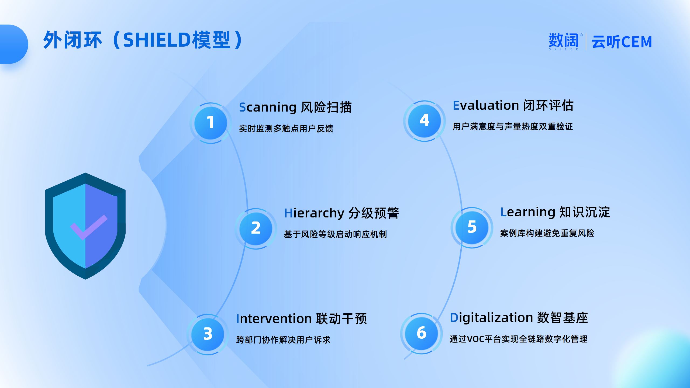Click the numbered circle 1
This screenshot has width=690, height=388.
click(211, 123)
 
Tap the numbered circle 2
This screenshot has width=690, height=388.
click(256, 228)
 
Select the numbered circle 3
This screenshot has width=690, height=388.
click(208, 334)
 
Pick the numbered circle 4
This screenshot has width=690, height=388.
click(424, 121)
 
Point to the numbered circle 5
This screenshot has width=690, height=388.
click(472, 227)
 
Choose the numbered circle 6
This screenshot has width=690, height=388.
click(421, 333)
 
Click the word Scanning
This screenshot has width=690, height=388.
click(268, 108)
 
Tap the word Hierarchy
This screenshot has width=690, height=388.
click(314, 213)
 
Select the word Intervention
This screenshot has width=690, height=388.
click(274, 319)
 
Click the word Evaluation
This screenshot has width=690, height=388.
click(486, 105)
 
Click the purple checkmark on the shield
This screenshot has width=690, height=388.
click(89, 227)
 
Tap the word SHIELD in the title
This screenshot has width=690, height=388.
click(157, 40)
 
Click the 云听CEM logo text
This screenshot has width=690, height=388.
click(622, 42)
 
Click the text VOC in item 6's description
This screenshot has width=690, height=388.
click(475, 339)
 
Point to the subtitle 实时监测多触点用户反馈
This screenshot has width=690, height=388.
click(286, 129)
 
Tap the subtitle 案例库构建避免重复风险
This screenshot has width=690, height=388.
click(547, 233)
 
